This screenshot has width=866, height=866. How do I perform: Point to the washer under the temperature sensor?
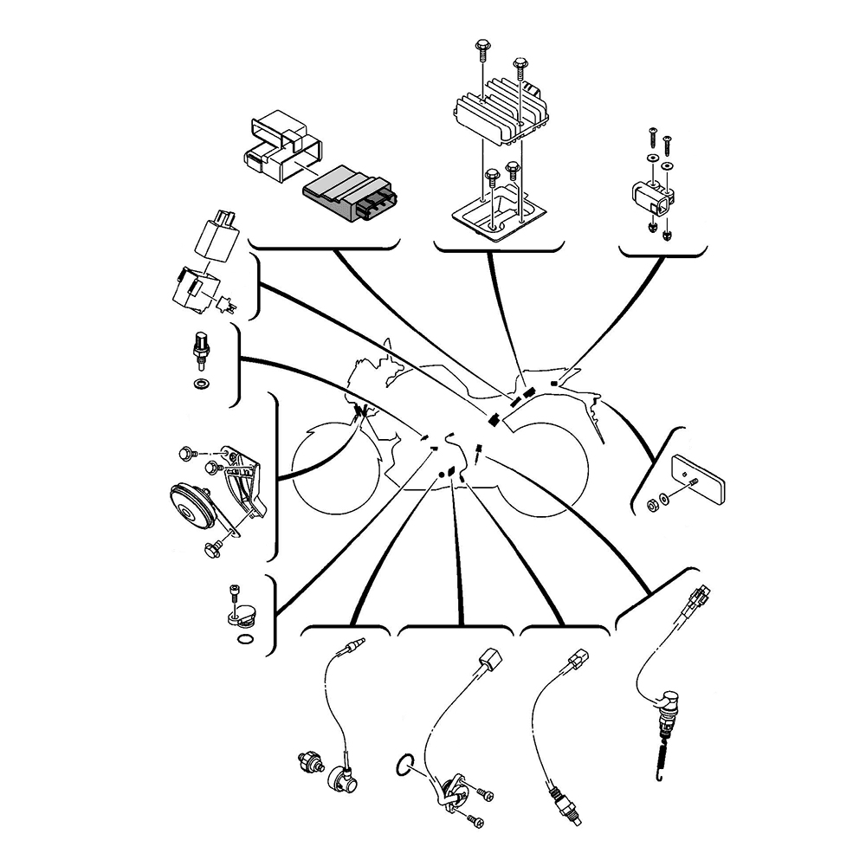click(x=202, y=382)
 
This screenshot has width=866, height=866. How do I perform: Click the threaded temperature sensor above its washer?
click(x=202, y=350)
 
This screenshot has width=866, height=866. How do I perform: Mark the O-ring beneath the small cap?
click(x=245, y=641)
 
